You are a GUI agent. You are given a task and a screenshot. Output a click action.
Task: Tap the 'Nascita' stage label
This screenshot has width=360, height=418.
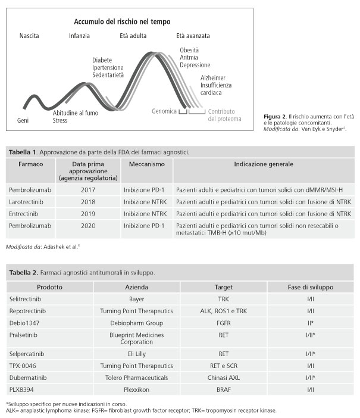tap(29, 36)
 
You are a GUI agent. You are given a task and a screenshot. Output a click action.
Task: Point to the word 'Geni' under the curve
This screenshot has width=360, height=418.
tap(23, 120)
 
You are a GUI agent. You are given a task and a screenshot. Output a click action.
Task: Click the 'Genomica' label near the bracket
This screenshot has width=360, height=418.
tap(164, 111)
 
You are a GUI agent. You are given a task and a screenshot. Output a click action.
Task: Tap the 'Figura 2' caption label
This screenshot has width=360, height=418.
tap(276, 115)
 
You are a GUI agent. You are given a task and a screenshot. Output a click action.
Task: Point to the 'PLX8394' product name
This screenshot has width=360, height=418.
tap(23, 389)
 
